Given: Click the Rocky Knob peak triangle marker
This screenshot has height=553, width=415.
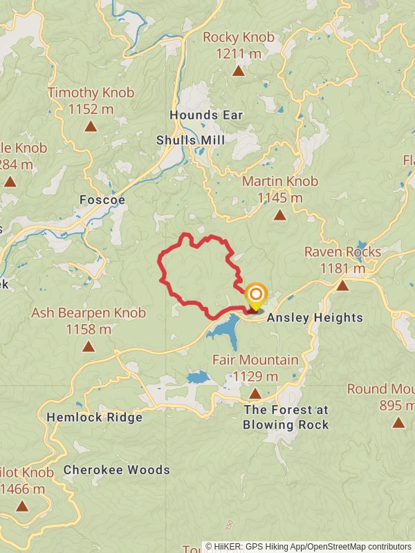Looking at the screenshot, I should [238, 71].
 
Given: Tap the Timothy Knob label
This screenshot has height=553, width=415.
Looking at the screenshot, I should [91, 93].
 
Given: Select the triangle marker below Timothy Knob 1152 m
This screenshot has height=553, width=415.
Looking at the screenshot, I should [91, 126].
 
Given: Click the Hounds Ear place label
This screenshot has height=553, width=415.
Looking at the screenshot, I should [206, 115].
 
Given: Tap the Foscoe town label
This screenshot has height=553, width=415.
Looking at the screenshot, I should [102, 200].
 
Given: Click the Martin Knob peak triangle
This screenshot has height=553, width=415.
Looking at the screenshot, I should [279, 215].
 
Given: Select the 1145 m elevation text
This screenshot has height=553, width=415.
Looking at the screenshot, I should [279, 198].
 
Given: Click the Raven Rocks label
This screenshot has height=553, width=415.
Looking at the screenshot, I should [342, 252].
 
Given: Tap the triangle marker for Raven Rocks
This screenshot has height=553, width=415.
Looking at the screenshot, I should [342, 285].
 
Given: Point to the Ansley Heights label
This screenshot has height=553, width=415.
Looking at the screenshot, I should [315, 318].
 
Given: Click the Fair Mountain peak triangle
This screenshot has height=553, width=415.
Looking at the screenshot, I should [255, 393].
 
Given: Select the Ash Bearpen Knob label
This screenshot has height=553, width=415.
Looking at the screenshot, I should [89, 313].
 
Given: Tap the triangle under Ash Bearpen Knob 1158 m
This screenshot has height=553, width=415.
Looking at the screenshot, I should [88, 346].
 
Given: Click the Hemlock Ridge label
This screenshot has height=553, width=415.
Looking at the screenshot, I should [94, 418].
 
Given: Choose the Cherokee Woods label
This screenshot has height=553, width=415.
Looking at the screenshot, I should [117, 470].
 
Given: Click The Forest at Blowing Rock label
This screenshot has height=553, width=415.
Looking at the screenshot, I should [286, 418].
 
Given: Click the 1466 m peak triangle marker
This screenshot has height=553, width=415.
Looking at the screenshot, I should [22, 506].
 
